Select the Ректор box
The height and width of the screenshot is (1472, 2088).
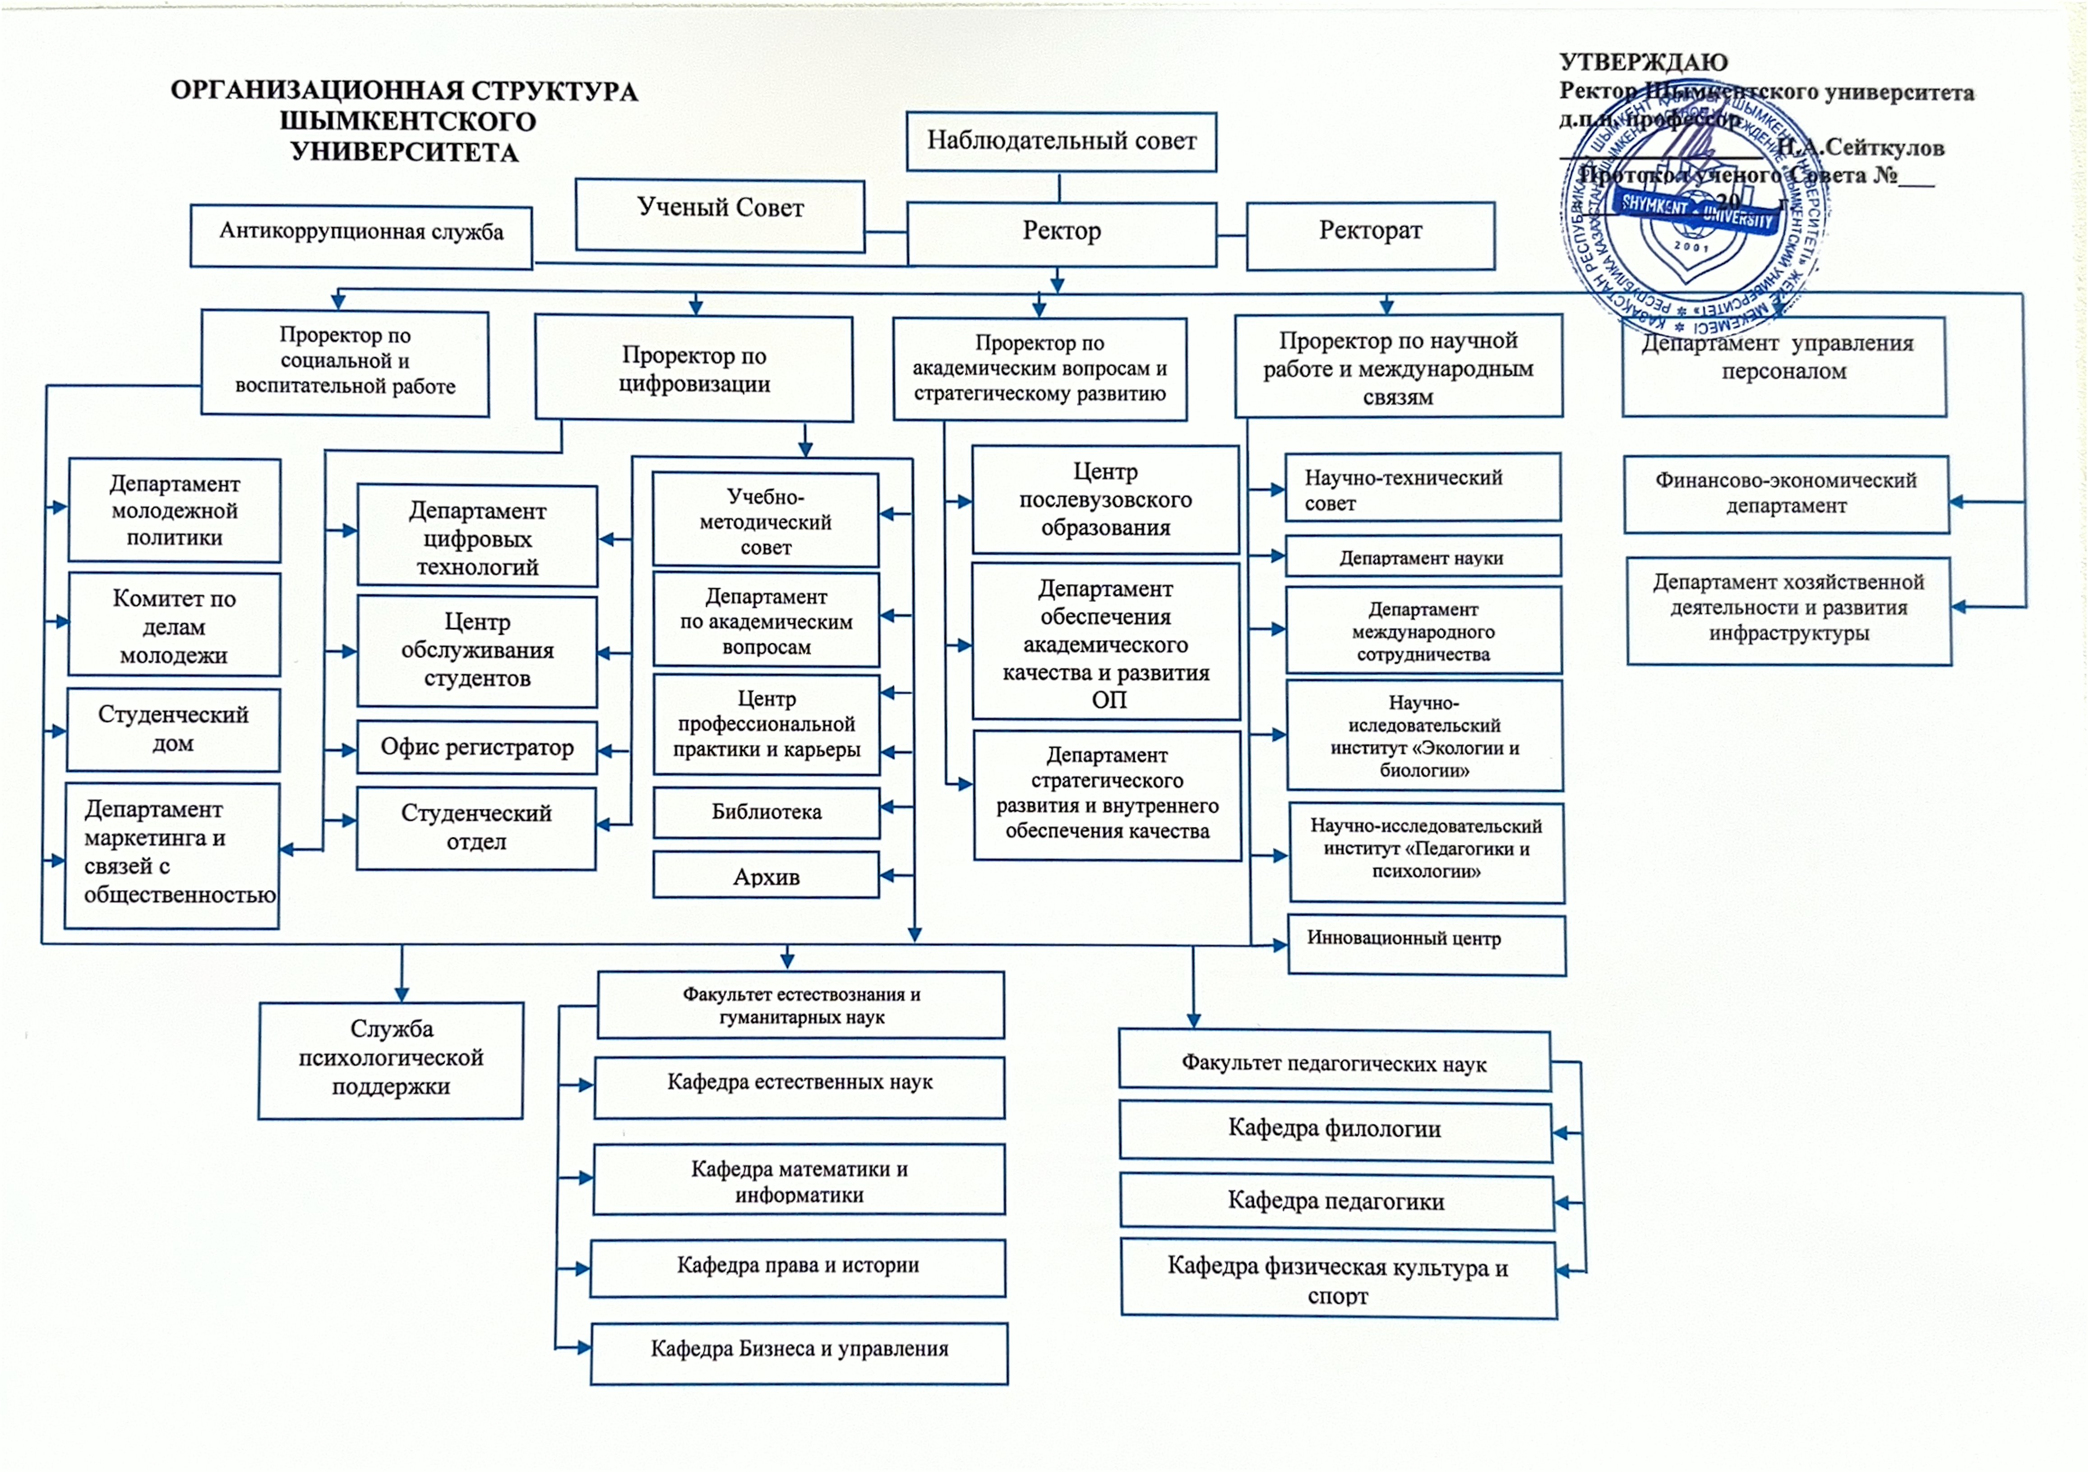[1061, 233]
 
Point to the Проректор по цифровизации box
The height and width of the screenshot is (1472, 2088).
[694, 368]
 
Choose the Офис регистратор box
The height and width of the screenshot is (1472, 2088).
[476, 748]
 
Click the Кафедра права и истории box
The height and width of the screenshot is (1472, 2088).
[798, 1267]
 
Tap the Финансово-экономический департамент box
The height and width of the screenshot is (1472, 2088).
[1785, 494]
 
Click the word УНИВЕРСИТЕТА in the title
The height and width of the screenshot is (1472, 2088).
[405, 152]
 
